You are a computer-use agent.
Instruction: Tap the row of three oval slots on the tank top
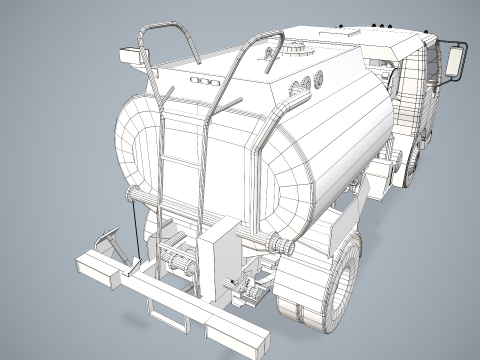click(204, 79)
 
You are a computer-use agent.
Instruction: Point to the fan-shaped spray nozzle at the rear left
click(106, 241)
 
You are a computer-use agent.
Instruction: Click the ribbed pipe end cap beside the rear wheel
click(283, 246)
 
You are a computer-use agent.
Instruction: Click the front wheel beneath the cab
click(412, 166)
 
